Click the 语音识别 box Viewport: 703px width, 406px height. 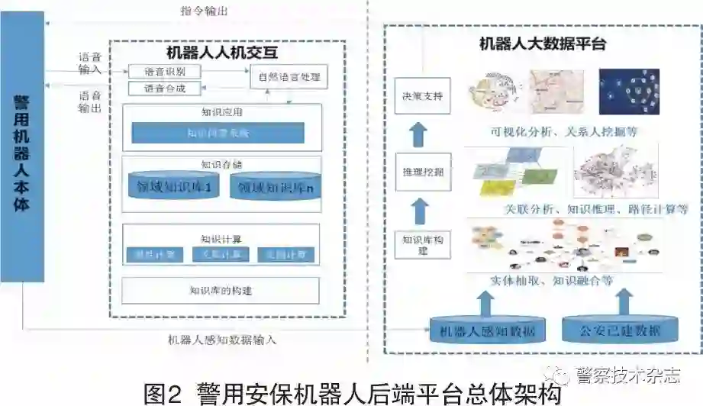click(164, 71)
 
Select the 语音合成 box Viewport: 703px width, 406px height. click(164, 89)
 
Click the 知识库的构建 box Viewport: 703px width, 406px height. click(221, 290)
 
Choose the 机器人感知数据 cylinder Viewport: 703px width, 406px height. click(482, 330)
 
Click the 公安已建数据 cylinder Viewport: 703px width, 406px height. click(621, 330)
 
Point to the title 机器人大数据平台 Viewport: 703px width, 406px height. click(542, 43)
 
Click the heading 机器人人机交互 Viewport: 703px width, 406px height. click(221, 53)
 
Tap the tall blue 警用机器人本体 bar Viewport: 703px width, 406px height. click(22, 153)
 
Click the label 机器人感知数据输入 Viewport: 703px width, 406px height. click(223, 340)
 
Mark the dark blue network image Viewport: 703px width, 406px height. click(629, 92)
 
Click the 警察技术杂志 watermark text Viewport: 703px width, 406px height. click(627, 375)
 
